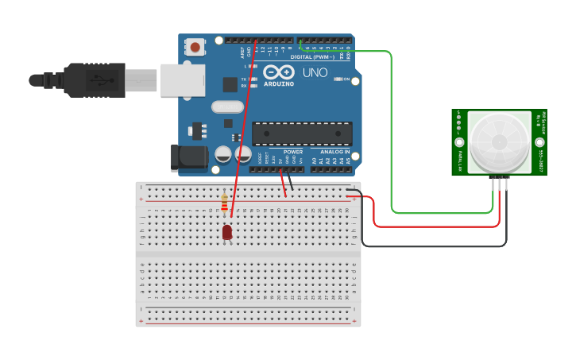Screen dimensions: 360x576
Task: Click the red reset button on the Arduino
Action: [x=195, y=48]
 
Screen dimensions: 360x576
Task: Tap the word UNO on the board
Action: [x=315, y=74]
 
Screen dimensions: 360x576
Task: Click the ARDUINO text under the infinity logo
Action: [x=279, y=83]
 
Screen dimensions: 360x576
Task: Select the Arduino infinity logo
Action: [x=279, y=72]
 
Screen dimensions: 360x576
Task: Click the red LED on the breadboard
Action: [x=227, y=232]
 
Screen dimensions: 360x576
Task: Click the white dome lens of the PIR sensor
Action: [x=499, y=141]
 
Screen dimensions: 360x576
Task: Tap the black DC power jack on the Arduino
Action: [x=189, y=157]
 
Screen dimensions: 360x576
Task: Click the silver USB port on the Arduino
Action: [x=183, y=80]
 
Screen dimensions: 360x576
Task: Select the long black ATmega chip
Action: [x=302, y=134]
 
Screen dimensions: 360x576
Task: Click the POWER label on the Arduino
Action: [x=293, y=151]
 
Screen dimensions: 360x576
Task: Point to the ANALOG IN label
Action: [x=334, y=151]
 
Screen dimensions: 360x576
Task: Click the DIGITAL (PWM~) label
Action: [x=312, y=56]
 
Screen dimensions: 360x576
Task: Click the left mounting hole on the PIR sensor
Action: [x=459, y=143]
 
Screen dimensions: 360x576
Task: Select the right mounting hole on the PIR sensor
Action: [x=539, y=143]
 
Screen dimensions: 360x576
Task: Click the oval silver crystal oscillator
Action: [x=227, y=106]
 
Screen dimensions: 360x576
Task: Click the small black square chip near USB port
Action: [x=230, y=84]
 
